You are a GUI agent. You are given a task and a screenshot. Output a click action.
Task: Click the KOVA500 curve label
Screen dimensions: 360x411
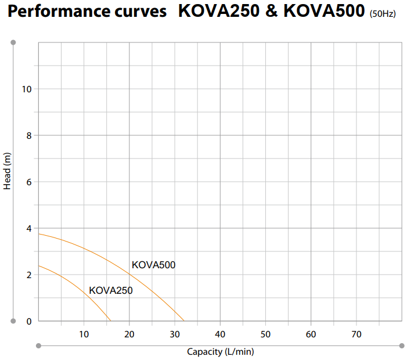[153, 265]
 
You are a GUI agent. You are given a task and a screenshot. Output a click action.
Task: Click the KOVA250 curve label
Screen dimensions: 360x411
[110, 290]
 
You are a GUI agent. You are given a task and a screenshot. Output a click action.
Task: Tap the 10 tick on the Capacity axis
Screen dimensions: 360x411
[84, 334]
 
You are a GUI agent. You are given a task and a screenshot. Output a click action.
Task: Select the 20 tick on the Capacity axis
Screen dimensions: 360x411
[129, 334]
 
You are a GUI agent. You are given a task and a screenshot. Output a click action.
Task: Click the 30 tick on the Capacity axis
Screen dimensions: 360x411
[175, 334]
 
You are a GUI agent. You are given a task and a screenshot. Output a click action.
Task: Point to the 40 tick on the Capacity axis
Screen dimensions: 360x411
[220, 334]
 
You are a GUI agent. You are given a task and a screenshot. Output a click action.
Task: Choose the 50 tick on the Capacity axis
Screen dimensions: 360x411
[265, 334]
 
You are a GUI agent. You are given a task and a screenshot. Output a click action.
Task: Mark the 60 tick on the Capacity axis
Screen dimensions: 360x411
[311, 334]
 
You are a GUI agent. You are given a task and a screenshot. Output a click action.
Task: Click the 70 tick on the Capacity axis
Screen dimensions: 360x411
[356, 334]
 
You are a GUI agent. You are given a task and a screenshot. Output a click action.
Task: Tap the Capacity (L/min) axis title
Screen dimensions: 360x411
[220, 351]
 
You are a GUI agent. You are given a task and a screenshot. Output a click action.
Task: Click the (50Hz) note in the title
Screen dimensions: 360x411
[382, 13]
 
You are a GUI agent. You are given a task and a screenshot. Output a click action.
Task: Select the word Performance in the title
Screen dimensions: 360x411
[56, 12]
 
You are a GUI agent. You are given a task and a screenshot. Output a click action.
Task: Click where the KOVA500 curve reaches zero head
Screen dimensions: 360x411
[184, 321]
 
